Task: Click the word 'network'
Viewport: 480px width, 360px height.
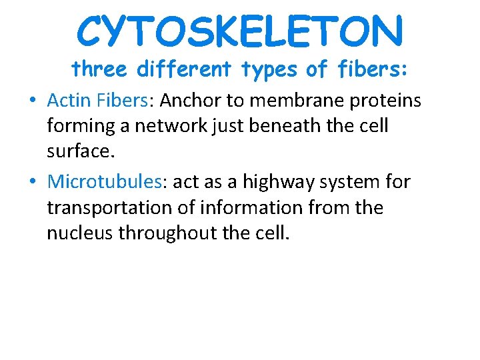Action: click(x=180, y=127)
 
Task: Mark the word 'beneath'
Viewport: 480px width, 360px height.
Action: click(x=301, y=127)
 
